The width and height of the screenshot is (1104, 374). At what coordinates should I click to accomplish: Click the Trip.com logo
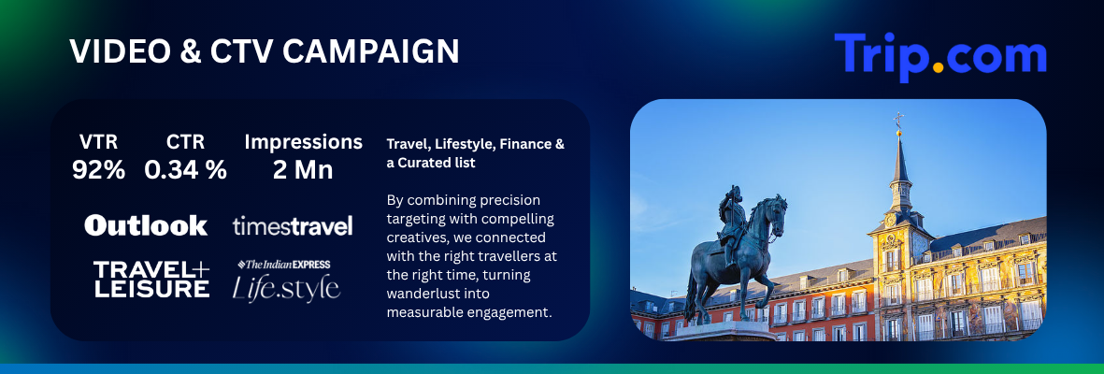pyautogui.click(x=940, y=56)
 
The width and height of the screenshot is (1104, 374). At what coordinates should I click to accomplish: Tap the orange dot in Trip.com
pyautogui.click(x=938, y=67)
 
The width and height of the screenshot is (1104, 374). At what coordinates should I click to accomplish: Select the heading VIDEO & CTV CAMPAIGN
pyautogui.click(x=264, y=51)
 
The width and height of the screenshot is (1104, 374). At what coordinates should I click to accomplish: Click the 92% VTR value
pyautogui.click(x=98, y=170)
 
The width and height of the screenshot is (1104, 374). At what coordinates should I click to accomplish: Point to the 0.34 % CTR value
pyautogui.click(x=185, y=170)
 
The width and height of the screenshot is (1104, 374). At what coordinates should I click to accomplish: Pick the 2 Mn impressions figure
pyautogui.click(x=303, y=170)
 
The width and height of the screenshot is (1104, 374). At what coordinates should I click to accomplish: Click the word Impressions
pyautogui.click(x=304, y=142)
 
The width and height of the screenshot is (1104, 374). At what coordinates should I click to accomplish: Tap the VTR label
pyautogui.click(x=98, y=142)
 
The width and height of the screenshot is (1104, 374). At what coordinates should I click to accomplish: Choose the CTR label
pyautogui.click(x=185, y=142)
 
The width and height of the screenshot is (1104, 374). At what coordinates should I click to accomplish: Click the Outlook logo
pyautogui.click(x=146, y=225)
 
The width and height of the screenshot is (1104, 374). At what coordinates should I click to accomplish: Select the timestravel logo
pyautogui.click(x=293, y=226)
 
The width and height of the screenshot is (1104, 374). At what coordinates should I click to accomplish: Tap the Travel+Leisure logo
pyautogui.click(x=151, y=279)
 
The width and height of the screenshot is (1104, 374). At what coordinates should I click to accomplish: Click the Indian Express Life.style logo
pyautogui.click(x=287, y=280)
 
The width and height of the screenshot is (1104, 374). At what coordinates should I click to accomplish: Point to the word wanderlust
pyautogui.click(x=422, y=293)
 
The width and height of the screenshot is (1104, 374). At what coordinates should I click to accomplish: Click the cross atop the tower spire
pyautogui.click(x=898, y=120)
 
